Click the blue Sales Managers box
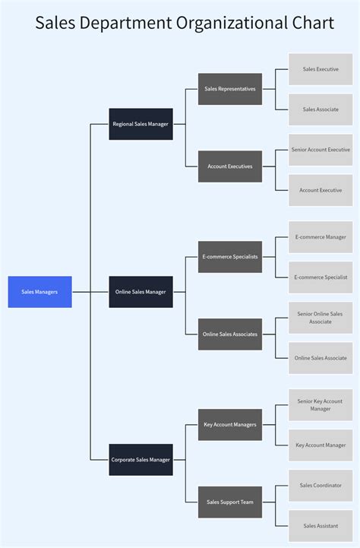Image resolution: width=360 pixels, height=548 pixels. pos(39,292)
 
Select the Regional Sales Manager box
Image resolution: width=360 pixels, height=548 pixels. pos(141,124)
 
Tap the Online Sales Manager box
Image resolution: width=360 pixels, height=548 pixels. pos(141,292)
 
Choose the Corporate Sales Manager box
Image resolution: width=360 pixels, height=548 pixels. pos(141,460)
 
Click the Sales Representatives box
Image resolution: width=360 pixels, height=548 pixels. pos(229,89)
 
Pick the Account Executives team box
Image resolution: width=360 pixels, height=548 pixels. pos(229,166)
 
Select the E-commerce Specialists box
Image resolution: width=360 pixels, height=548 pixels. pos(229,257)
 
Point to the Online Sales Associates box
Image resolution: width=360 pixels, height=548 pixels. pos(229,334)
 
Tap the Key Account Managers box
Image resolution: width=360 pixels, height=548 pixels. pos(229,425)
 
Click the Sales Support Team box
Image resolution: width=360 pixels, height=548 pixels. pos(229,502)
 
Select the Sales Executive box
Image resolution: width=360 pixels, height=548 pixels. pos(320,69)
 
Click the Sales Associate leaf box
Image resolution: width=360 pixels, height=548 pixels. pos(320,109)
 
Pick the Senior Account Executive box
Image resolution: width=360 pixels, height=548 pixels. pos(320,150)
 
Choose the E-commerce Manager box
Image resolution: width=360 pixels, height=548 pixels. pos(320,237)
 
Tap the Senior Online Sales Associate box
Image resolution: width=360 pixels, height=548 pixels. pos(320,318)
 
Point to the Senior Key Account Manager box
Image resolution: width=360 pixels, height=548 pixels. pos(320,405)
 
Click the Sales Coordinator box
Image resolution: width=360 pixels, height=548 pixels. pos(320,486)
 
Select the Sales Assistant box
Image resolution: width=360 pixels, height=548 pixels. pos(320,526)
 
